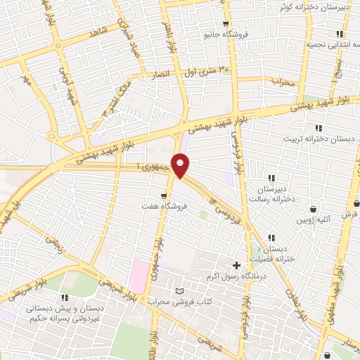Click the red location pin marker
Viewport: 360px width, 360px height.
(x=181, y=165)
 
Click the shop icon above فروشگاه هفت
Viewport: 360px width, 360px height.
(x=164, y=196)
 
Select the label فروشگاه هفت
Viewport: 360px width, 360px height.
(x=162, y=208)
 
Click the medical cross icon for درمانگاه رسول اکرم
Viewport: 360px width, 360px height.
(x=236, y=266)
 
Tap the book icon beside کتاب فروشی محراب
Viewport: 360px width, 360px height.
(x=179, y=291)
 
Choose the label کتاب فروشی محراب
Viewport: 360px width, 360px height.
(x=178, y=302)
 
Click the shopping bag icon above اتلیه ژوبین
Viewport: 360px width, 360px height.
(x=314, y=209)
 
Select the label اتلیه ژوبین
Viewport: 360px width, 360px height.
(x=313, y=220)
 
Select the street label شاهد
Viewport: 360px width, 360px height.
(x=96, y=32)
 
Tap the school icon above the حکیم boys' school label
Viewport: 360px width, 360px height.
(x=65, y=297)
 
